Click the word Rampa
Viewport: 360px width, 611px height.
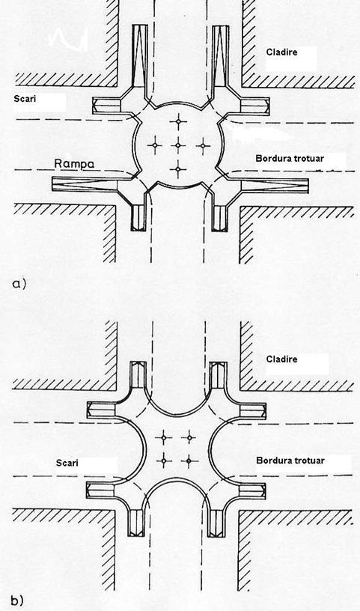74,164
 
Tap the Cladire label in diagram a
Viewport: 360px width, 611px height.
281,52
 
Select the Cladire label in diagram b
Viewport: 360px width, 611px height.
281,359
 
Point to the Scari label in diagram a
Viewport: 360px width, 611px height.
25,99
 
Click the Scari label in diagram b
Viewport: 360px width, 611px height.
67,463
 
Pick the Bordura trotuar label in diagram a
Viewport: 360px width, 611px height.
290,159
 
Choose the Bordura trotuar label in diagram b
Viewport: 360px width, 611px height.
290,460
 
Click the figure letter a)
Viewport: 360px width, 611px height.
19,284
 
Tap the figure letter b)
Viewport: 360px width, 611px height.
17,601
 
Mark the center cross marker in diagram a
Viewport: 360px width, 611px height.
178,145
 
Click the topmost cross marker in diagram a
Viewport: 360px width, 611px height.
178,121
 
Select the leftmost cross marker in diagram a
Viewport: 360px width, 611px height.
155,145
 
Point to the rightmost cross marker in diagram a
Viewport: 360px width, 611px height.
203,145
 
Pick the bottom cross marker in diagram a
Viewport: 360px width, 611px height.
178,169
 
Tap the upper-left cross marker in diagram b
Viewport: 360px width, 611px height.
164,437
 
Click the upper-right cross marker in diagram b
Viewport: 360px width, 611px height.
189,437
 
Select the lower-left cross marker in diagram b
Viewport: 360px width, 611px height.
164,461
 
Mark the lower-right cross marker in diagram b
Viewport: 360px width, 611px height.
189,461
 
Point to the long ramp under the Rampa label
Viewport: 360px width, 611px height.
85,184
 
